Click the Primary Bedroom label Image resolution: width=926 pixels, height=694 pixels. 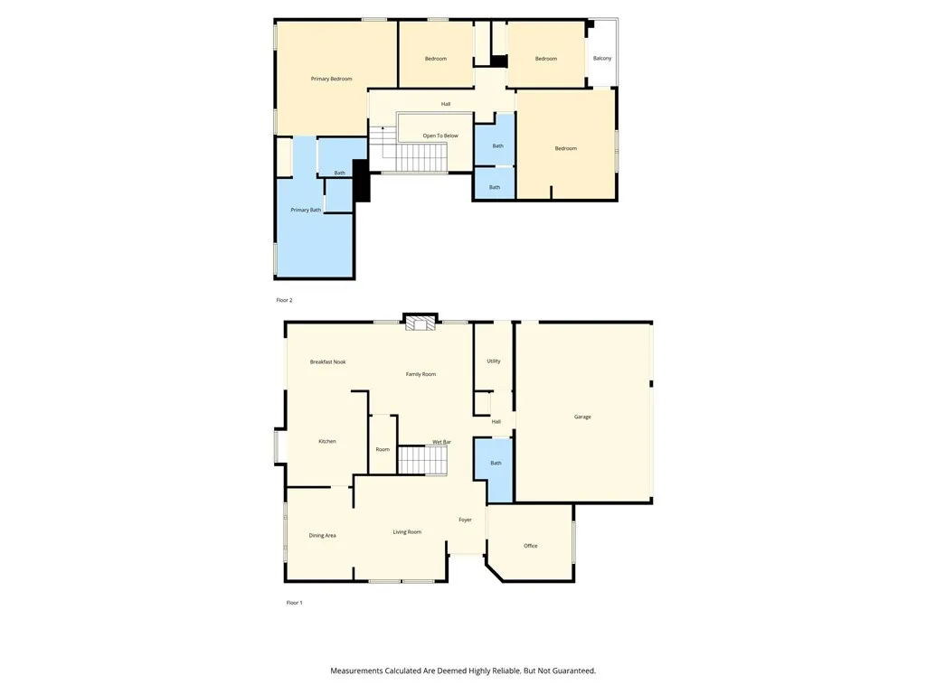pyautogui.click(x=331, y=79)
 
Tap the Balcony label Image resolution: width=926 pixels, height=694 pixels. pyautogui.click(x=602, y=59)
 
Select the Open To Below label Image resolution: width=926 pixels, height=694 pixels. pyautogui.click(x=440, y=136)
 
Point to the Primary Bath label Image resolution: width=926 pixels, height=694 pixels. pyautogui.click(x=306, y=210)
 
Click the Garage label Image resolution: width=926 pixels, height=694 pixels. pyautogui.click(x=582, y=417)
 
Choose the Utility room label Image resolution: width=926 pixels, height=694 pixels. pyautogui.click(x=494, y=361)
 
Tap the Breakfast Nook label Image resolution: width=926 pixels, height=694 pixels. pyautogui.click(x=327, y=361)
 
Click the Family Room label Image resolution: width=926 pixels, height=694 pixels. pyautogui.click(x=420, y=373)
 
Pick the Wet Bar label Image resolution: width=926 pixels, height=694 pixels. pyautogui.click(x=441, y=442)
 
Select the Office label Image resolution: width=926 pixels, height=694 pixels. pyautogui.click(x=531, y=546)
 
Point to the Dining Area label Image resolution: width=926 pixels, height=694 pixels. pyautogui.click(x=323, y=535)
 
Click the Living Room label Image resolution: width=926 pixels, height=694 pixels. pyautogui.click(x=407, y=531)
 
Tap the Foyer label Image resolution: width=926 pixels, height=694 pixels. pyautogui.click(x=465, y=520)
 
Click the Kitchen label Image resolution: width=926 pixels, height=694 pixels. pyautogui.click(x=327, y=441)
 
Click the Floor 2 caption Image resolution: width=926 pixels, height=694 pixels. pyautogui.click(x=284, y=300)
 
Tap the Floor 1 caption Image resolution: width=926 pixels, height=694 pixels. pyautogui.click(x=294, y=603)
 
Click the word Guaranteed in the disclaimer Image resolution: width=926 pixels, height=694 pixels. pyautogui.click(x=572, y=671)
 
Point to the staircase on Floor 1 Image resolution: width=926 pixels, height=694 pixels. pyautogui.click(x=424, y=461)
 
